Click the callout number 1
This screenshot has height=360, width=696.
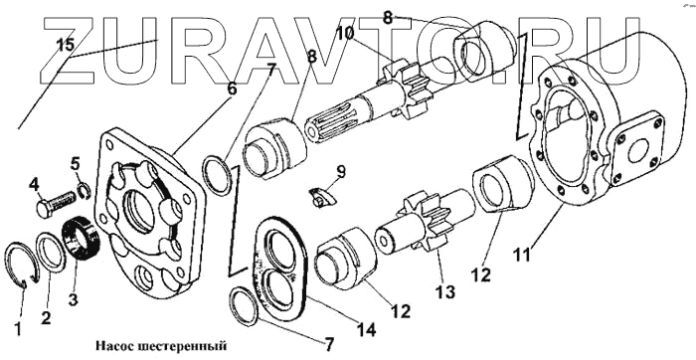[x=18, y=329]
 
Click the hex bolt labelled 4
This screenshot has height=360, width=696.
[x=55, y=204]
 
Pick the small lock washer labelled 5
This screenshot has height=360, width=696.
[x=85, y=191]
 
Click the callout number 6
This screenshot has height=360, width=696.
[x=232, y=90]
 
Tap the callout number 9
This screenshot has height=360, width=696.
[x=341, y=172]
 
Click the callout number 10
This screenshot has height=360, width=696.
[x=345, y=33]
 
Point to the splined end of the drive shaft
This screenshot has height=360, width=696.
[x=326, y=127]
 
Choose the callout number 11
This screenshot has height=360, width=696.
[x=522, y=256]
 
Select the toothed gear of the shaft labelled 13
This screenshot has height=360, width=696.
[x=419, y=222]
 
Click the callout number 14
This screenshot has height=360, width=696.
[x=366, y=330]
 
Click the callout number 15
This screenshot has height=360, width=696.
[x=66, y=45]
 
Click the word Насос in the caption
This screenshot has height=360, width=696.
[x=110, y=345]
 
